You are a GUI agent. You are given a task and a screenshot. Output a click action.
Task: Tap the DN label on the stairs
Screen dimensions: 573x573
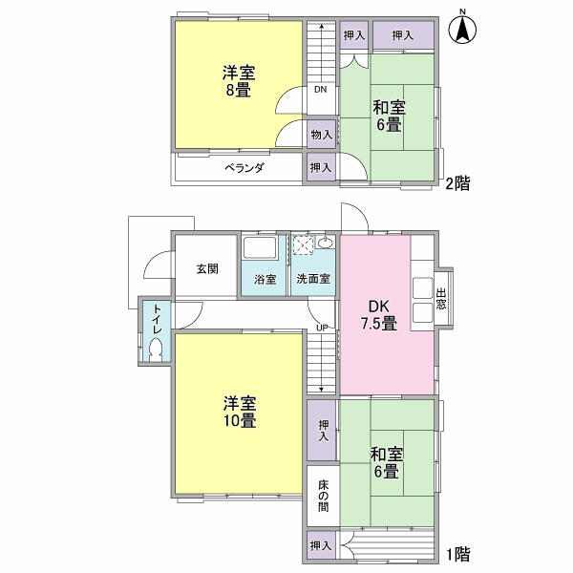(321, 89)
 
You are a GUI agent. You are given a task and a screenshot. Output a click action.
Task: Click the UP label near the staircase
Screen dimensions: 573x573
(322, 328)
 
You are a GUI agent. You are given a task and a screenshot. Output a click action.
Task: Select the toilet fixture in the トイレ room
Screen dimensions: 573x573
(156, 350)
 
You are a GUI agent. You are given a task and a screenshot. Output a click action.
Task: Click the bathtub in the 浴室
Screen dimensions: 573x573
(260, 247)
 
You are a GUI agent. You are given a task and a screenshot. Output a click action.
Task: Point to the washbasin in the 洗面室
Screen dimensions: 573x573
(325, 243)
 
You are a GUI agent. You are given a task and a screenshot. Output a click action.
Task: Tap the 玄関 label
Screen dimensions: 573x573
(207, 269)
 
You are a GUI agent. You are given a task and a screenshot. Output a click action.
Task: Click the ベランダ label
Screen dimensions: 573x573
(244, 168)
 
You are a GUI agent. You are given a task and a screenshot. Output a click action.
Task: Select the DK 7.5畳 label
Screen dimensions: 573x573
(379, 315)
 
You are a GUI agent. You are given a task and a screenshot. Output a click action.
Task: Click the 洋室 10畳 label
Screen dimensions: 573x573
(240, 412)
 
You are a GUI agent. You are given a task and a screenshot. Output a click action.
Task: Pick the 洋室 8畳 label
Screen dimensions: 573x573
(239, 81)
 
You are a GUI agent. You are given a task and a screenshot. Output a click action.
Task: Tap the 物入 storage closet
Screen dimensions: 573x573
(321, 134)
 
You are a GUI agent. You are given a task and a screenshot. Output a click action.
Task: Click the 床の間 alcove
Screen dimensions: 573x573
(323, 495)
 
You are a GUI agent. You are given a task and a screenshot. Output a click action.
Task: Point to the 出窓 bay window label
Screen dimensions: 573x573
(441, 299)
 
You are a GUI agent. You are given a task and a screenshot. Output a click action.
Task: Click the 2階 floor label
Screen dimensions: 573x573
(457, 182)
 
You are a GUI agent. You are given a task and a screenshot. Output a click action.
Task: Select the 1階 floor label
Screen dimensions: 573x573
(457, 554)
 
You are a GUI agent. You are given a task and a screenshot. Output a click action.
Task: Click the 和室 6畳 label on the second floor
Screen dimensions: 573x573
(389, 116)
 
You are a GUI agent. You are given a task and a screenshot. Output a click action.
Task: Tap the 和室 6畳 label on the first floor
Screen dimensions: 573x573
(387, 463)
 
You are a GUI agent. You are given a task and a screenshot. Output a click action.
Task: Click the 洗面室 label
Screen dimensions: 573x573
(313, 279)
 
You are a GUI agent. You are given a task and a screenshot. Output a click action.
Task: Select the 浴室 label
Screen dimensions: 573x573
(265, 280)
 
